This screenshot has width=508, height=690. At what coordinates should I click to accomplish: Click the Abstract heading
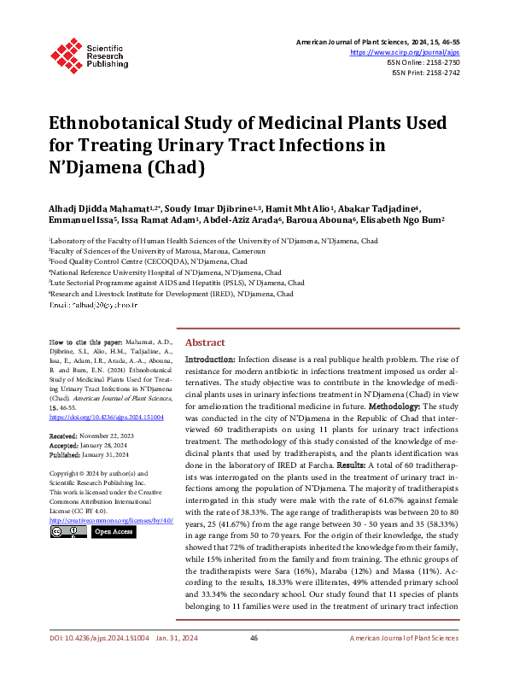205,342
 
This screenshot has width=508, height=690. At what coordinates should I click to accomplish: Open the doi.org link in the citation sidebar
106,418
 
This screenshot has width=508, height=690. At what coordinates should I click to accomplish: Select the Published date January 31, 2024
105,453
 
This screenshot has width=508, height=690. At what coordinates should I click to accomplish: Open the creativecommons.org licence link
111,519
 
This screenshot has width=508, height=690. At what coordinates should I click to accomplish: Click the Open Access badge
113,532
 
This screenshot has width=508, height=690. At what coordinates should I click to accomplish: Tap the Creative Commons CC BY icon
68,532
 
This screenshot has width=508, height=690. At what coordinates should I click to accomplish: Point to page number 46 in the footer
254,662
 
